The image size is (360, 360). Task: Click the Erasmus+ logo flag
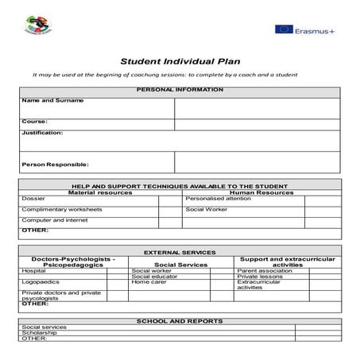[x=284, y=30]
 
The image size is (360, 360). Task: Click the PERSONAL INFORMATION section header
[x=180, y=90]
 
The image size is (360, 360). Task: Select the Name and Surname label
[x=52, y=101]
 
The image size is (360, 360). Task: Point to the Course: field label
[x=35, y=122]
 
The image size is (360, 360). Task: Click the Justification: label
[x=42, y=133]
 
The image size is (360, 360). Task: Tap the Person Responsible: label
[x=55, y=165]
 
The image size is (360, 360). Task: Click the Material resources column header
[x=100, y=192]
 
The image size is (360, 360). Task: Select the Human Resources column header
[x=261, y=192]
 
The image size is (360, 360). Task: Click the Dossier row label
[x=33, y=198]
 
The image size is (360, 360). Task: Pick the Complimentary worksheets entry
[x=62, y=209]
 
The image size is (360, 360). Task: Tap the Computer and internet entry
[x=55, y=220]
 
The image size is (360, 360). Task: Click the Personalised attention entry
[x=218, y=198]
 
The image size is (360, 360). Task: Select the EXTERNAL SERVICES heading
[x=180, y=251]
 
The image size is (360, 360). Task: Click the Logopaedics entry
[x=40, y=281]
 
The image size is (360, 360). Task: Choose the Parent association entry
[x=265, y=270]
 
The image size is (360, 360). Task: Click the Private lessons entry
[x=261, y=276]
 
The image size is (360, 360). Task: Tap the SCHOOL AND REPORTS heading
[x=180, y=320]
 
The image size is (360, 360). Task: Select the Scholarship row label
[x=39, y=332]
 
